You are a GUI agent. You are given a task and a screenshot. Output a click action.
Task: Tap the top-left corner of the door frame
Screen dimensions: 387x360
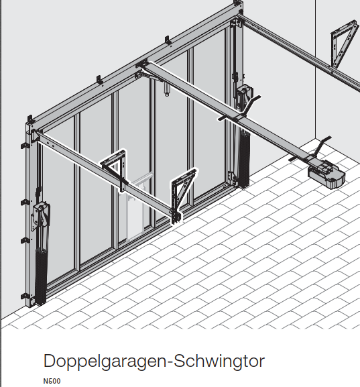click(29, 123)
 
